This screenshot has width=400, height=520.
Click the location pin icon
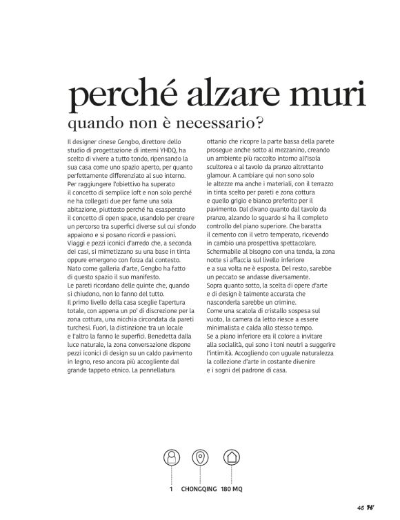click(200, 457)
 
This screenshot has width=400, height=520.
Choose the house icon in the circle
click(230, 457)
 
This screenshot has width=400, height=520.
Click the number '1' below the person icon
click(170, 490)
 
